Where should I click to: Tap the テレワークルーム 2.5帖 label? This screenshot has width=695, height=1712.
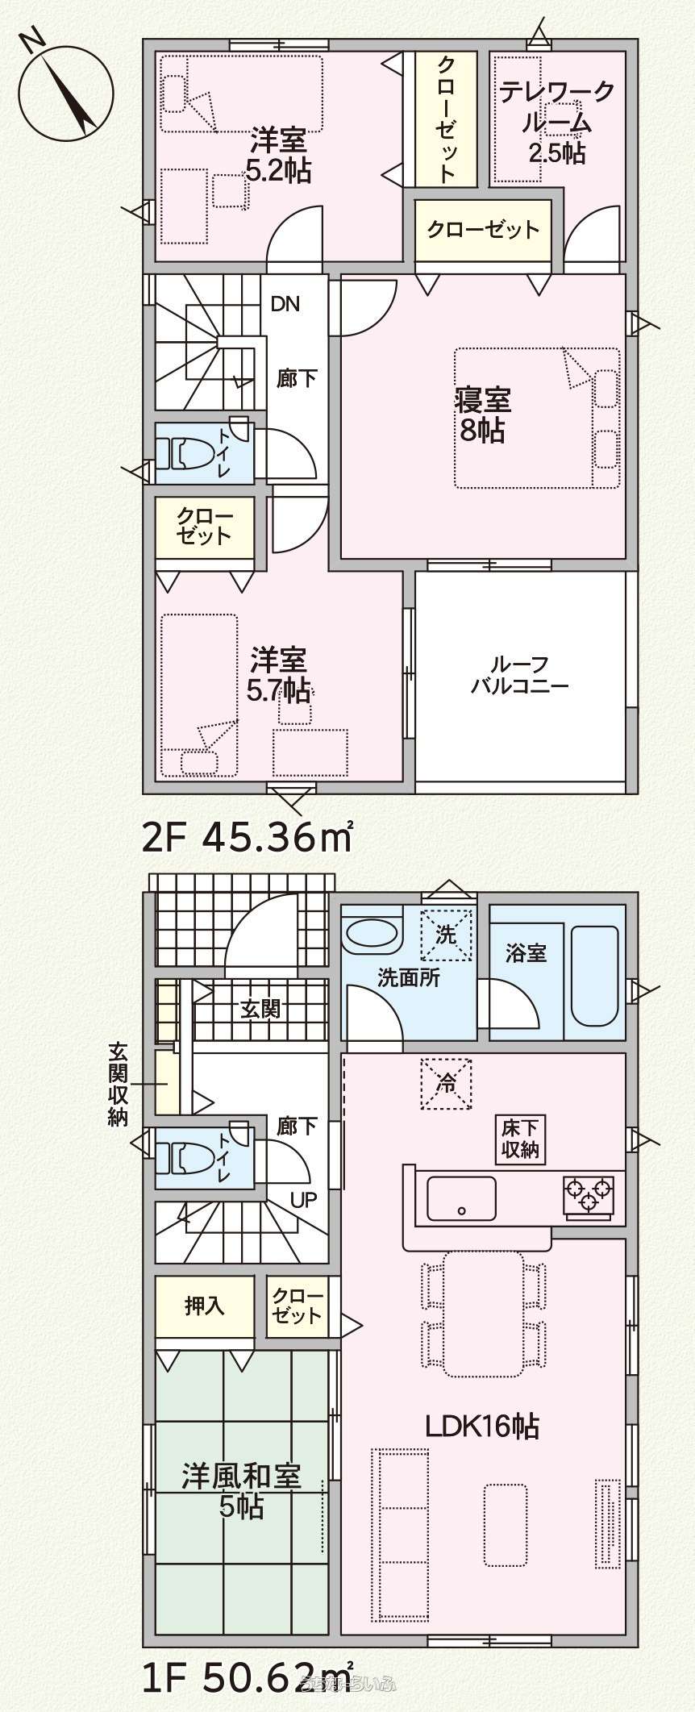pyautogui.click(x=556, y=123)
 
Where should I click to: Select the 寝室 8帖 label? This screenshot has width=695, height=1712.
pyautogui.click(x=483, y=415)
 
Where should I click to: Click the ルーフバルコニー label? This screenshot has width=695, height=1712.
pyautogui.click(x=520, y=675)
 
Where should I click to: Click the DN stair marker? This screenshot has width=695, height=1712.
pyautogui.click(x=285, y=304)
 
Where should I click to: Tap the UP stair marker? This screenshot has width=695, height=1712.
pyautogui.click(x=303, y=1201)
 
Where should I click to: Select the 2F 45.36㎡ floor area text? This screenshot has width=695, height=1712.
pyautogui.click(x=248, y=839)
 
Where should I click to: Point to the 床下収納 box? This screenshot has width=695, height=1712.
pyautogui.click(x=521, y=1139)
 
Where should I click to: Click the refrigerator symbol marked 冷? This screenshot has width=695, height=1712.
pyautogui.click(x=447, y=1083)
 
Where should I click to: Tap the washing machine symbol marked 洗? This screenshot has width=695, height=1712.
pyautogui.click(x=447, y=935)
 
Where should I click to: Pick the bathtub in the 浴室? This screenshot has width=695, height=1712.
pyautogui.click(x=596, y=976)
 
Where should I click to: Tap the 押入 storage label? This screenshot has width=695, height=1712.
pyautogui.click(x=205, y=1306)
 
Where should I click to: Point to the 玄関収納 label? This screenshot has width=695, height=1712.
pyautogui.click(x=119, y=1085)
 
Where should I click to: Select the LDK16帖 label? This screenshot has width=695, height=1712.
pyautogui.click(x=482, y=1427)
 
